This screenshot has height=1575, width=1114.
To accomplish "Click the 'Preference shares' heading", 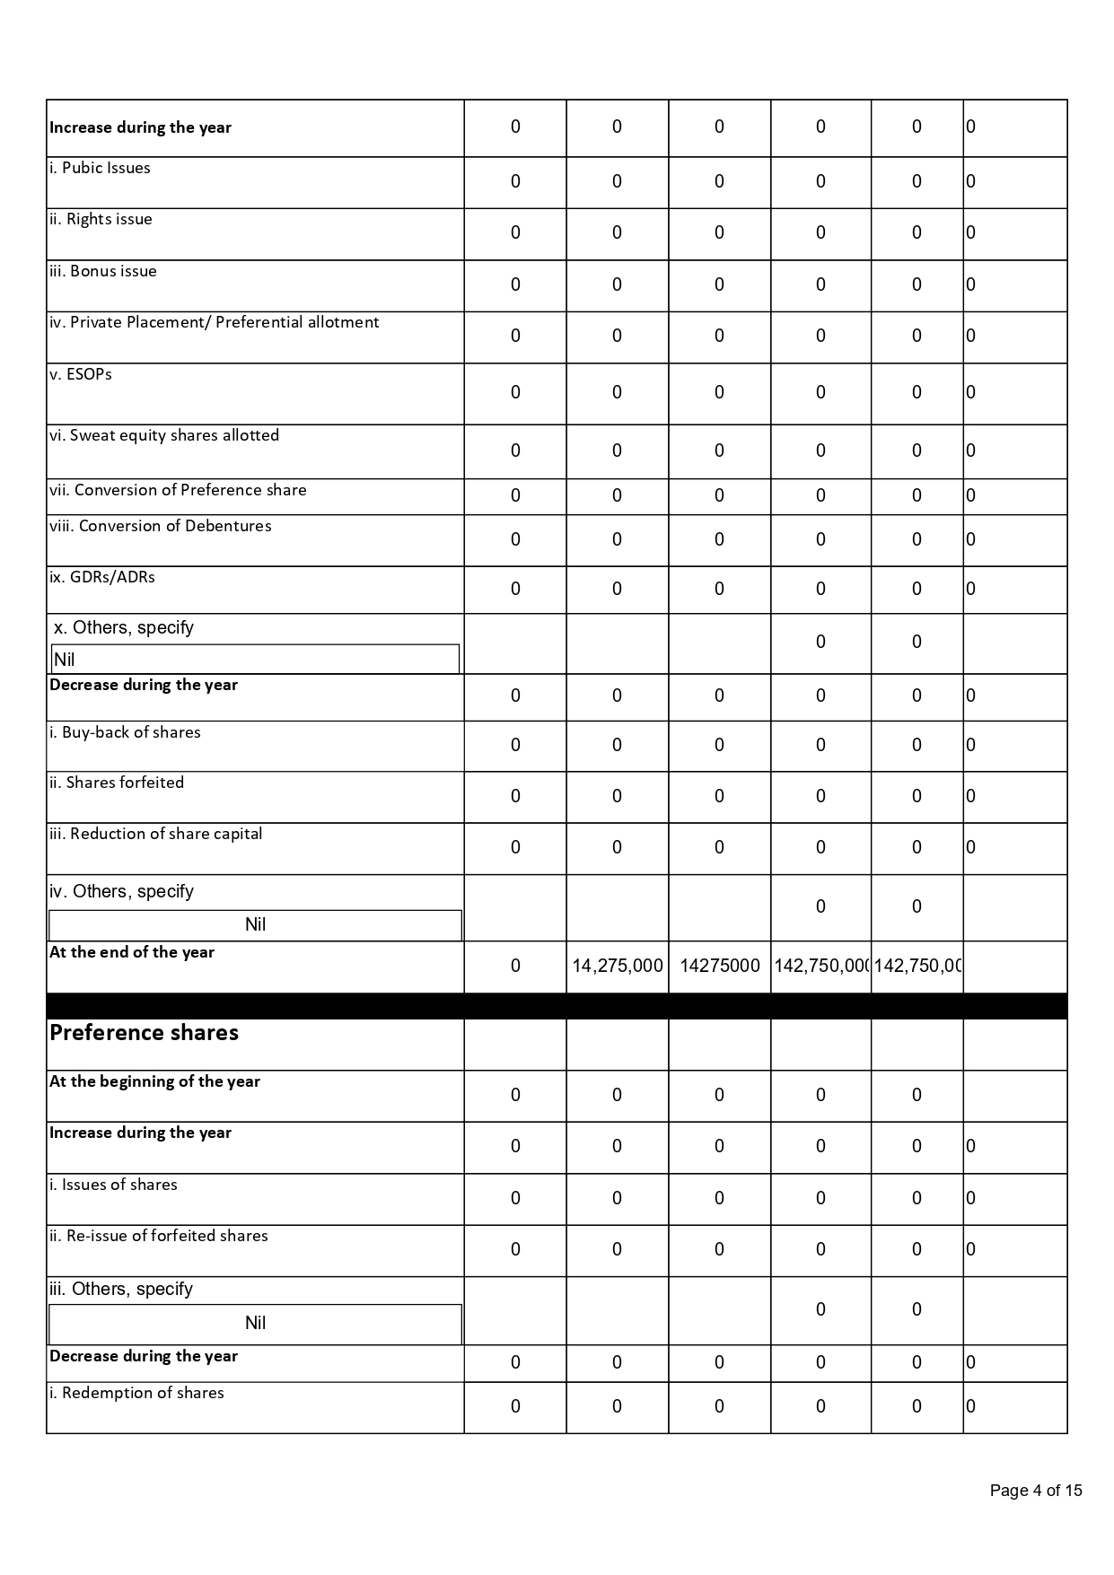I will [144, 1033].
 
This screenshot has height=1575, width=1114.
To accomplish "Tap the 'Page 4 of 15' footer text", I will [1035, 1491].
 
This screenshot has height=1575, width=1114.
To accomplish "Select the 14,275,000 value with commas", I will [618, 966].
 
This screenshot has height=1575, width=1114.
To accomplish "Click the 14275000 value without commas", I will [719, 966].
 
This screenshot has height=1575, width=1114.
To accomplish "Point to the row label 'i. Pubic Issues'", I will [100, 168].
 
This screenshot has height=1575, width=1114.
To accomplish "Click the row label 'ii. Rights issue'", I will [101, 219].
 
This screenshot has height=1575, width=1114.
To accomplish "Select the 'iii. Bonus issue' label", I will [102, 271].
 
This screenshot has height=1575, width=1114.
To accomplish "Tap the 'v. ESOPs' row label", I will [81, 374].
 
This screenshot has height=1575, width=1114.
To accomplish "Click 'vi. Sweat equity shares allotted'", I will [164, 435].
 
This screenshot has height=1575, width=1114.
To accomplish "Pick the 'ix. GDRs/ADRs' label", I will [101, 577].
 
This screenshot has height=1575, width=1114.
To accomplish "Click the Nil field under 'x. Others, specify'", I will [255, 660].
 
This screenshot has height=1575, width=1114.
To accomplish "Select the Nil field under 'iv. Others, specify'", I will [255, 925].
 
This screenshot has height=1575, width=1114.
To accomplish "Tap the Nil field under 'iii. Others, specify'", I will [255, 1324].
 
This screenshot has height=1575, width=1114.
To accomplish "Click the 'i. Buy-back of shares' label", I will [125, 732].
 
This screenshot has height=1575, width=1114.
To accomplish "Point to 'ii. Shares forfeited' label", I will [117, 783].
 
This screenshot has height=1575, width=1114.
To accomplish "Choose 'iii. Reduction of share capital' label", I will [155, 834].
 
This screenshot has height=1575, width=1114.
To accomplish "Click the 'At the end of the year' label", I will [132, 952].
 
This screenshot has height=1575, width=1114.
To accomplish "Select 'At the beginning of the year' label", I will [154, 1081].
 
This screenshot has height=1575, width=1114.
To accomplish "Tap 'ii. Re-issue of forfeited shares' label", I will [158, 1236].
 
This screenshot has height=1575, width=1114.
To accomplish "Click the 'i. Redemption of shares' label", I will [136, 1393].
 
